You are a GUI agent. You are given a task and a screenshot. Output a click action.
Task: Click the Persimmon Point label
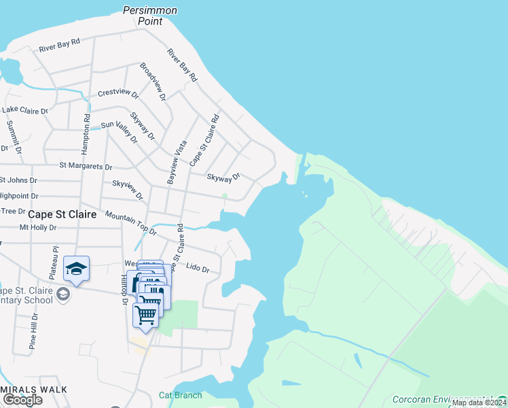(150, 16)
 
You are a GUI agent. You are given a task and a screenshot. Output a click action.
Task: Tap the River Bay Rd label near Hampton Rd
(60, 46)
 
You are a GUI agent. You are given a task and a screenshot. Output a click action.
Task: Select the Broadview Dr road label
(153, 82)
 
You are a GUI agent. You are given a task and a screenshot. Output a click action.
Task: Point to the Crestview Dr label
(118, 93)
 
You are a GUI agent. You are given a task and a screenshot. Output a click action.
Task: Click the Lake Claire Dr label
(25, 110)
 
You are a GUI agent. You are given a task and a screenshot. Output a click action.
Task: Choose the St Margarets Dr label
(86, 165)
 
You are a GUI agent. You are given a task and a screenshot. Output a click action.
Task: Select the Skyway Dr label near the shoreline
(223, 177)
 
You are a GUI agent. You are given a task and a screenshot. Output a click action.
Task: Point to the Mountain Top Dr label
(130, 222)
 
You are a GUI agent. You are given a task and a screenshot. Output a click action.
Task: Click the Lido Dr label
(198, 270)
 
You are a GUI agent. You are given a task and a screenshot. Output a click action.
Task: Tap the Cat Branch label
(180, 395)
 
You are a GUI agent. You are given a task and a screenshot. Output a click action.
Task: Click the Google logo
(22, 400)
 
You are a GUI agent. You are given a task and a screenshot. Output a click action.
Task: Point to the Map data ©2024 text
(479, 403)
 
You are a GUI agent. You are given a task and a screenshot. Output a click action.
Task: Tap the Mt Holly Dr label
(37, 228)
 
